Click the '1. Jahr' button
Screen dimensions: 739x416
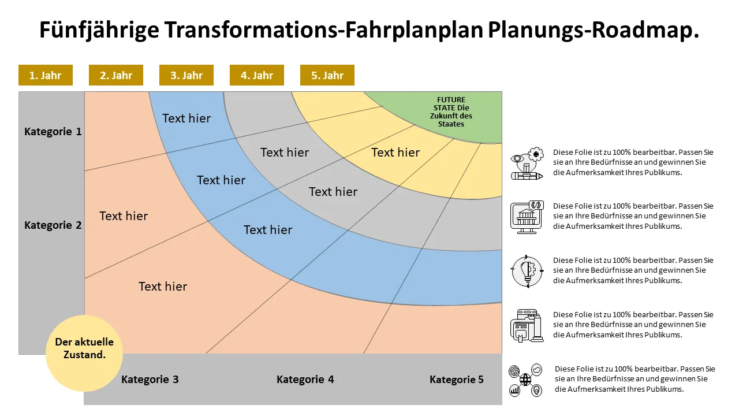(x=46, y=75)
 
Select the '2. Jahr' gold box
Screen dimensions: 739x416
(x=116, y=75)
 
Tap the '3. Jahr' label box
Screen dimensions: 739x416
(x=186, y=75)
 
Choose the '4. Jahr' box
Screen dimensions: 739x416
(x=257, y=75)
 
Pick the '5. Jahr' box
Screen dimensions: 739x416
(x=327, y=75)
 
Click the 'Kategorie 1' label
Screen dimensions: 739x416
(x=53, y=131)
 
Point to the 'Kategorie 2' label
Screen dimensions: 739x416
(x=53, y=225)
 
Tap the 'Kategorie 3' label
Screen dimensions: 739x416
(x=150, y=380)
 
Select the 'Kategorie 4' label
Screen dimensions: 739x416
(x=305, y=380)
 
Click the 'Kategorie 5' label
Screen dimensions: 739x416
(x=457, y=380)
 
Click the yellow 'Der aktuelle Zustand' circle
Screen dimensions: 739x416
(x=84, y=353)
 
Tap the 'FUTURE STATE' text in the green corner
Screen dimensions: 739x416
(x=451, y=112)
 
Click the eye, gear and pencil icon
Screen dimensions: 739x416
(x=527, y=164)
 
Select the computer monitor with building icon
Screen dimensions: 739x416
(x=527, y=217)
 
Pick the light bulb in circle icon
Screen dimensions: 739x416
(x=527, y=272)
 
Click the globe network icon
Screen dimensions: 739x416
(x=525, y=380)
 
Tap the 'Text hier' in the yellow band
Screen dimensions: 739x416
(x=395, y=153)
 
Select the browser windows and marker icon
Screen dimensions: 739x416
(x=527, y=325)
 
